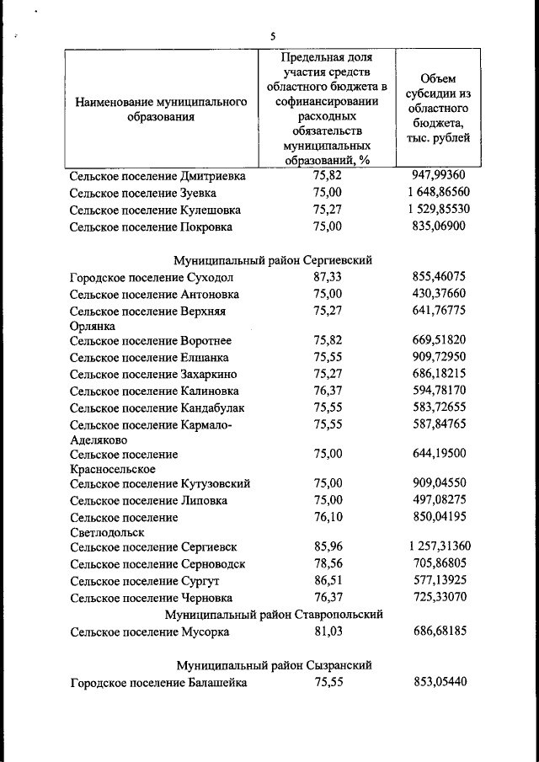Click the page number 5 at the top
[x=273, y=36]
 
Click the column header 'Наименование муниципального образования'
[x=161, y=109]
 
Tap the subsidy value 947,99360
[x=440, y=176]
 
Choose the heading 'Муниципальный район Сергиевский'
[x=273, y=260]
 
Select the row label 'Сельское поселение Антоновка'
[x=154, y=294]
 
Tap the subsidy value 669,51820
[x=440, y=340]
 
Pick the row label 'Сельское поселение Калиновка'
[x=154, y=391]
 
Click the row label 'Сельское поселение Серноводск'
[x=157, y=563]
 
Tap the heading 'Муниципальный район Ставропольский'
[x=274, y=615]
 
